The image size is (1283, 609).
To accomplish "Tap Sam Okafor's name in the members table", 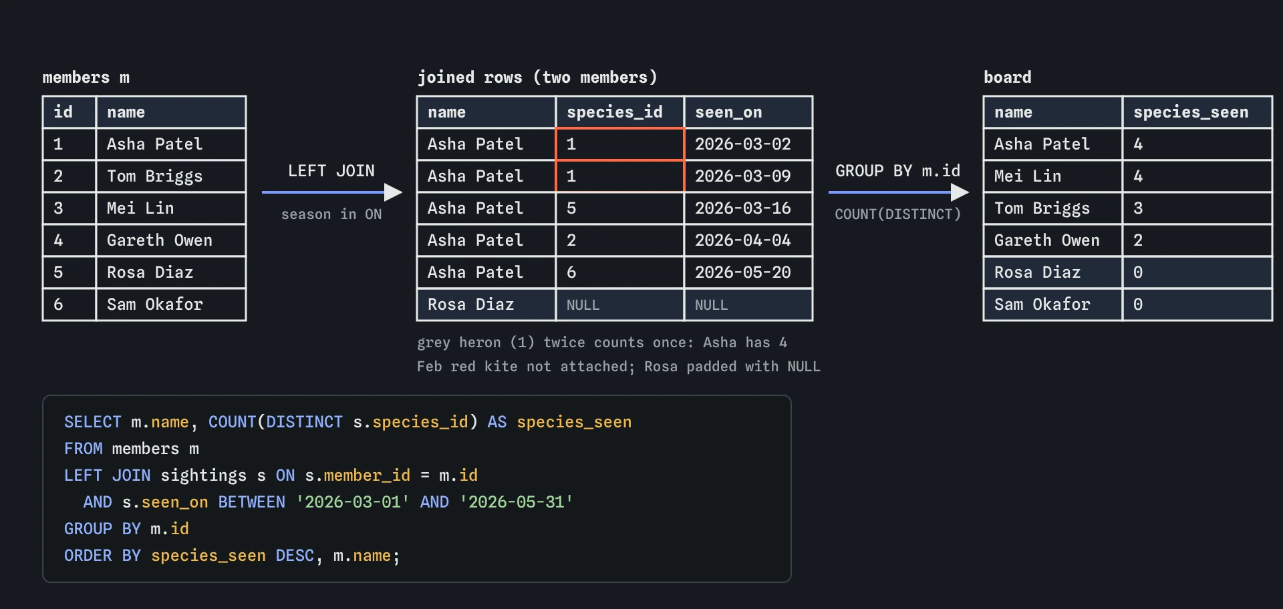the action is (154, 304).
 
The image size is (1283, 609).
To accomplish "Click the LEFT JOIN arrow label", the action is (331, 171).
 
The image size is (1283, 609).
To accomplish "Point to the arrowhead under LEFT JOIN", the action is (393, 192).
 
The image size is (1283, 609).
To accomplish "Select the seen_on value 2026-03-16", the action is (743, 208).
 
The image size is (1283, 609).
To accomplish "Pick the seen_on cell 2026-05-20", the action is (743, 272).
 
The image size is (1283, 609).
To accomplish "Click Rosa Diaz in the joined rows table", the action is (470, 304).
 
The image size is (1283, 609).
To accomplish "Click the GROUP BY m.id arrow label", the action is (897, 171).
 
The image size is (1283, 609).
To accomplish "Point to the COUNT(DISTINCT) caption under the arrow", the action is (897, 214).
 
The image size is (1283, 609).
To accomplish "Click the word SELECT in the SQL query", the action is (93, 422).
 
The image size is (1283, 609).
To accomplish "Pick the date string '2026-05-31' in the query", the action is (516, 501).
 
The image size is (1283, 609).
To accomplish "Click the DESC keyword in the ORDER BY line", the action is (295, 556).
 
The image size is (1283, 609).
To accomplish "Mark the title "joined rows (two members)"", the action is (537, 77).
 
